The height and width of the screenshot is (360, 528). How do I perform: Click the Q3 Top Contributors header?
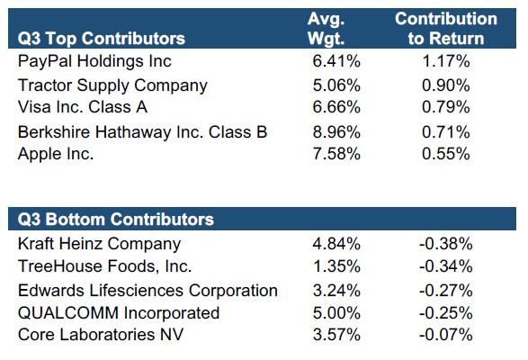102,38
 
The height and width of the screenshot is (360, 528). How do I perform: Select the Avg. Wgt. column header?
326,28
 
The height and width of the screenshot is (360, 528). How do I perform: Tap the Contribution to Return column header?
446,28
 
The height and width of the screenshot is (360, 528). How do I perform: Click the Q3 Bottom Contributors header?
116,219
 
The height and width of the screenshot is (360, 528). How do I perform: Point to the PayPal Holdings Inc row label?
94,62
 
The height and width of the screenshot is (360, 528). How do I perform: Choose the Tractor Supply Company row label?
112,85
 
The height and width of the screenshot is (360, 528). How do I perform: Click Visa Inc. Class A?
83,107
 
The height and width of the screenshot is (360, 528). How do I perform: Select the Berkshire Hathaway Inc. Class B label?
142,131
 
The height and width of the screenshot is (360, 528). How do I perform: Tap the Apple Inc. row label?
56,155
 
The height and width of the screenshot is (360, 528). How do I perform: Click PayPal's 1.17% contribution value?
446,61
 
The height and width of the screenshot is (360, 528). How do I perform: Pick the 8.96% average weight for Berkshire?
336,131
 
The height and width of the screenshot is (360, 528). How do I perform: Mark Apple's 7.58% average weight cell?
336,154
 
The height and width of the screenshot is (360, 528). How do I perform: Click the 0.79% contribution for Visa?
446,107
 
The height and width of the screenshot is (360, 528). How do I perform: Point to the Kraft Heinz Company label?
99,244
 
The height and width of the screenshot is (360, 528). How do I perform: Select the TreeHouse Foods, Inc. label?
104,266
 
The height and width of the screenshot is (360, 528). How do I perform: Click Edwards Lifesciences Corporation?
148,291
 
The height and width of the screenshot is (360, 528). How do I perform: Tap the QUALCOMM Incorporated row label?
119,313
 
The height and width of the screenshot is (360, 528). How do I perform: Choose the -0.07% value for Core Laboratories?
446,335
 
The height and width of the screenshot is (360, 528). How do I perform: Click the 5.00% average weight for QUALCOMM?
336,313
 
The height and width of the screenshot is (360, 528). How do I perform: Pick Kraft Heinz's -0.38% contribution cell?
446,244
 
